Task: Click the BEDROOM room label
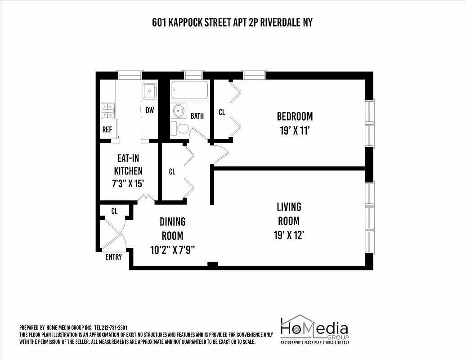(x=295, y=117)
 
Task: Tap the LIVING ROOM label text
(x=289, y=214)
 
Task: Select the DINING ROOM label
(x=172, y=229)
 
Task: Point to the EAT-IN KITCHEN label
(x=128, y=164)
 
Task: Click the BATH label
(x=197, y=116)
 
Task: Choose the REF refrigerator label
(x=107, y=130)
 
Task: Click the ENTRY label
(x=113, y=257)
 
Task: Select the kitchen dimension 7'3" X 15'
(x=128, y=184)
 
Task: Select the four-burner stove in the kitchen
(x=108, y=111)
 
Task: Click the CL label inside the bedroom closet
(x=222, y=112)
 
